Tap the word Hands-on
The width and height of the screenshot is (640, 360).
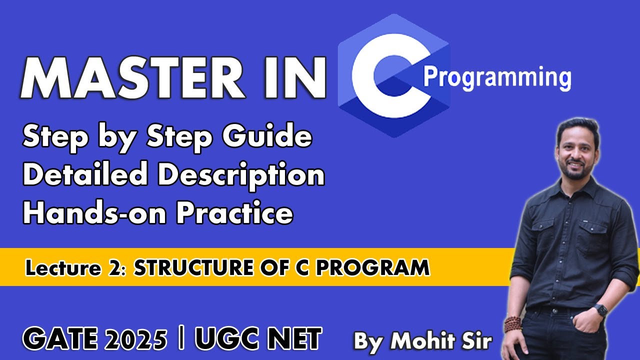[x=95, y=214]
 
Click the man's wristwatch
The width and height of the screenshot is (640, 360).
[x=600, y=310]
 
